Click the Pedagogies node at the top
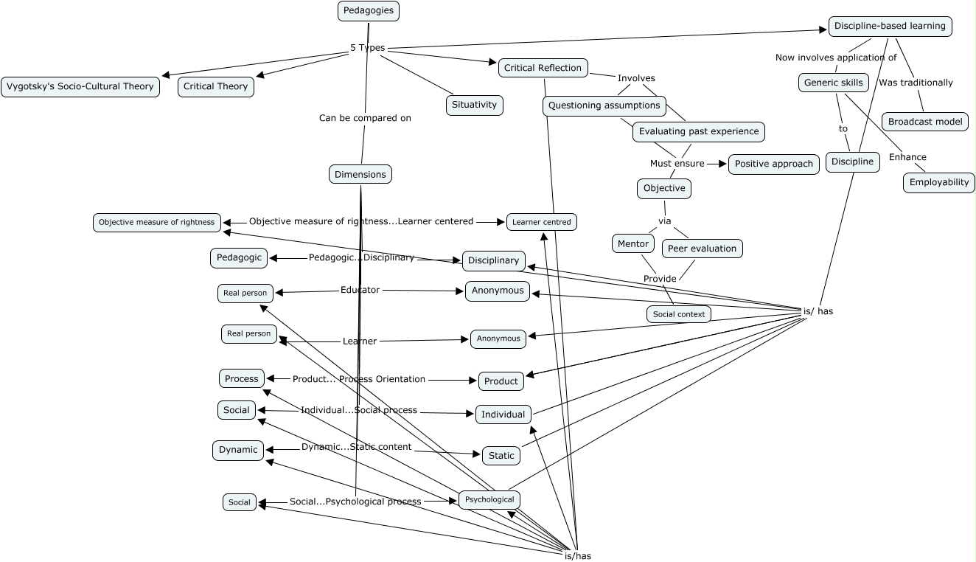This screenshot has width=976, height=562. coord(369,11)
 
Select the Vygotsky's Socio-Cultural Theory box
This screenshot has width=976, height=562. coord(80,86)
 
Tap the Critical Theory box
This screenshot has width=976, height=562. coord(215,86)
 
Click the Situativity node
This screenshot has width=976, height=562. coord(475,105)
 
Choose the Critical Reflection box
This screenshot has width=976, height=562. coord(543,68)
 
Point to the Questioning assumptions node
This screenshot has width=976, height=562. coord(604,105)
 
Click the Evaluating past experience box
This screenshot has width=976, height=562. coord(698,131)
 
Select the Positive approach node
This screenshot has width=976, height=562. coord(773,164)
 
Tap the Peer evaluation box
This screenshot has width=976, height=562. coord(702,249)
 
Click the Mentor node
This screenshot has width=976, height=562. coord(632,243)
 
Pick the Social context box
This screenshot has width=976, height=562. coord(678,314)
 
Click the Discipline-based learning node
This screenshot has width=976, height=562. coord(890,26)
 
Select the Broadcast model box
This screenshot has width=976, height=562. coord(924,122)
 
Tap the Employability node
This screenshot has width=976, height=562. coord(938,182)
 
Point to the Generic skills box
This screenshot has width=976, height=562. coord(833,83)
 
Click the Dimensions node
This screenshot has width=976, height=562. coord(360,174)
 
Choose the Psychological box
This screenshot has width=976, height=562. coord(489,499)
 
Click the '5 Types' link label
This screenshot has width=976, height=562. coord(367,48)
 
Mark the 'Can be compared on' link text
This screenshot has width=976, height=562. coord(365,118)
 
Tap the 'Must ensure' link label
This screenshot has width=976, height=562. coord(677,163)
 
